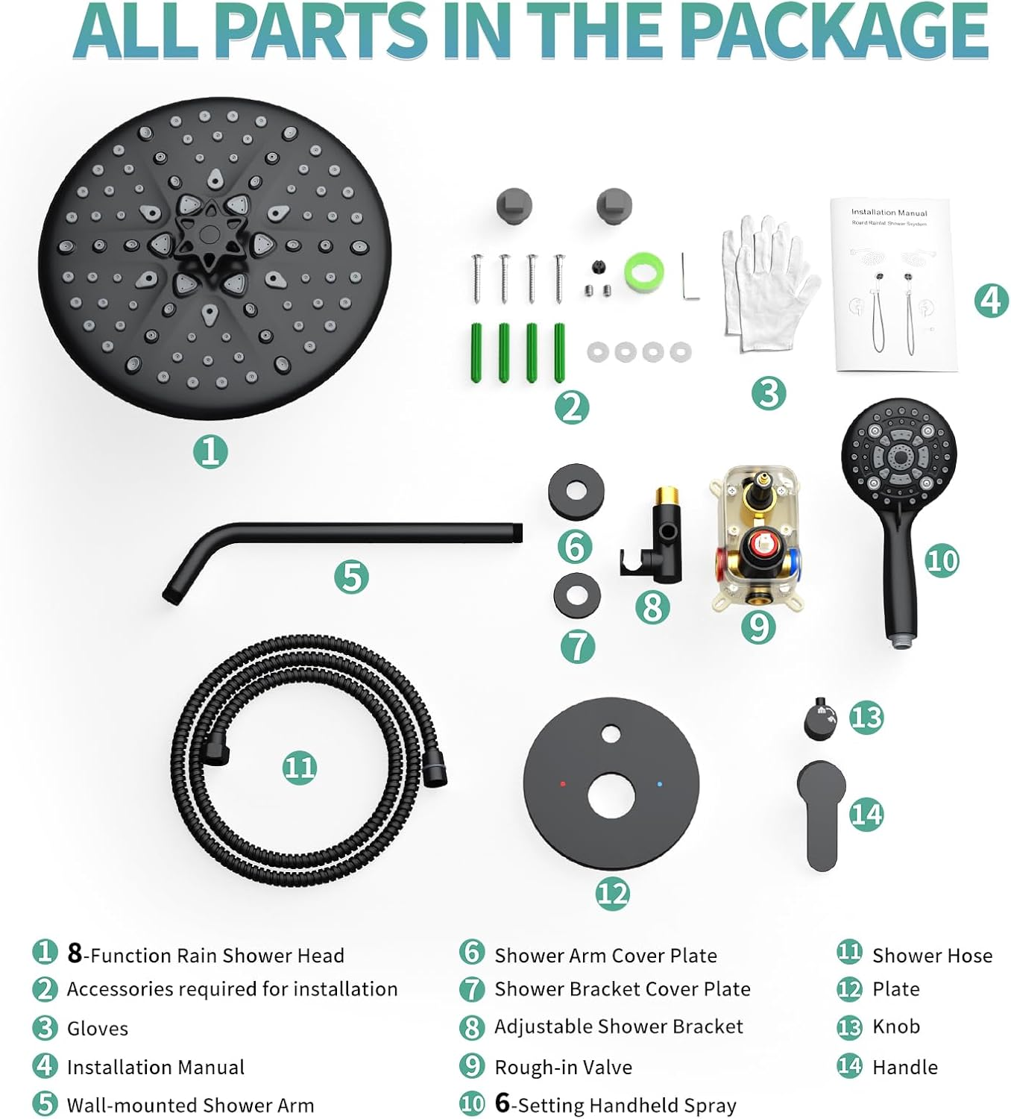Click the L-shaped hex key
click(690, 277)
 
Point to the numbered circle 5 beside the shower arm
click(351, 577)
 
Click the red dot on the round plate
click(562, 784)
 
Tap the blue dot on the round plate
click(660, 784)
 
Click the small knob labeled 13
click(819, 718)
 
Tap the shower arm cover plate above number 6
click(576, 492)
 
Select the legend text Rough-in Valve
click(563, 1068)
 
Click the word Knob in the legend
click(895, 1026)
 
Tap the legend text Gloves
click(98, 1029)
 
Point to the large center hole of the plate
click(611, 795)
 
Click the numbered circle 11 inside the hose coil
click(300, 768)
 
